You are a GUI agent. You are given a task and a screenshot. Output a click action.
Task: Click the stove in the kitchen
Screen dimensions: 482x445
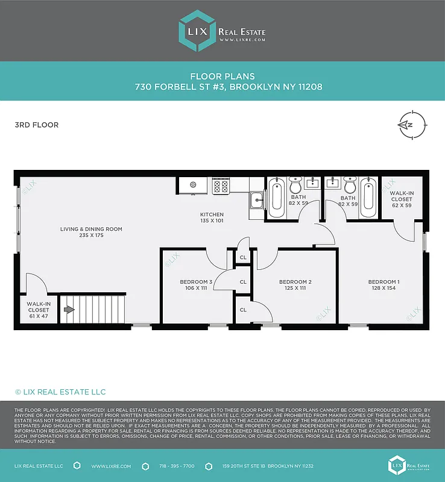coord(221,186)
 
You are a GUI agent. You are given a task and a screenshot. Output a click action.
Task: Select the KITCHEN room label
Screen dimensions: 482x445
coord(212,218)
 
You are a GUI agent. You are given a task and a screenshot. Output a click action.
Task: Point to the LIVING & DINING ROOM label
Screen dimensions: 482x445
coord(91,233)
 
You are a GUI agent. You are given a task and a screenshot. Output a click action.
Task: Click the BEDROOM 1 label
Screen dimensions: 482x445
coord(383,285)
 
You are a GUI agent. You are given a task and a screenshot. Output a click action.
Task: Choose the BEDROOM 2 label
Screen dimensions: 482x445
coord(295,285)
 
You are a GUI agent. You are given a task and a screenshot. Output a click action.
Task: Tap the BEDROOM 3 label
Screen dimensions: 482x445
coord(196,285)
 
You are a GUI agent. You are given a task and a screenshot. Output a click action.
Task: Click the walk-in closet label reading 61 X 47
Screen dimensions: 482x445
coord(38,310)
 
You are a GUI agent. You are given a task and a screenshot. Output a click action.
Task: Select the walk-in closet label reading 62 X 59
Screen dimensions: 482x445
coord(401,199)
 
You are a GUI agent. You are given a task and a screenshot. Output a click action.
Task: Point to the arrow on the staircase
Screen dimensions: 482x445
coord(69,310)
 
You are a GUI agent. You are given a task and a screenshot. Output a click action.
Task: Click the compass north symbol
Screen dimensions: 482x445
coord(408,125)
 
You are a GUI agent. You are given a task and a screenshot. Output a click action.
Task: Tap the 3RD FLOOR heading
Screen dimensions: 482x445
coord(36,125)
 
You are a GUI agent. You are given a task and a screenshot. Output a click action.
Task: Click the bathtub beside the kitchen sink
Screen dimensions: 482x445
coord(277,198)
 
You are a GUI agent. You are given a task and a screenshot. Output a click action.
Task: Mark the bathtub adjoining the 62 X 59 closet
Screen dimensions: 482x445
coord(368,198)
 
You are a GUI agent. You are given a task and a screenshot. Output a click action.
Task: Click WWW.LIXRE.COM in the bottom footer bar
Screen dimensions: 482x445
coord(108,466)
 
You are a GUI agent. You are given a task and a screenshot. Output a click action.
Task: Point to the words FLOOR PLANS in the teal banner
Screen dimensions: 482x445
coord(222,77)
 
